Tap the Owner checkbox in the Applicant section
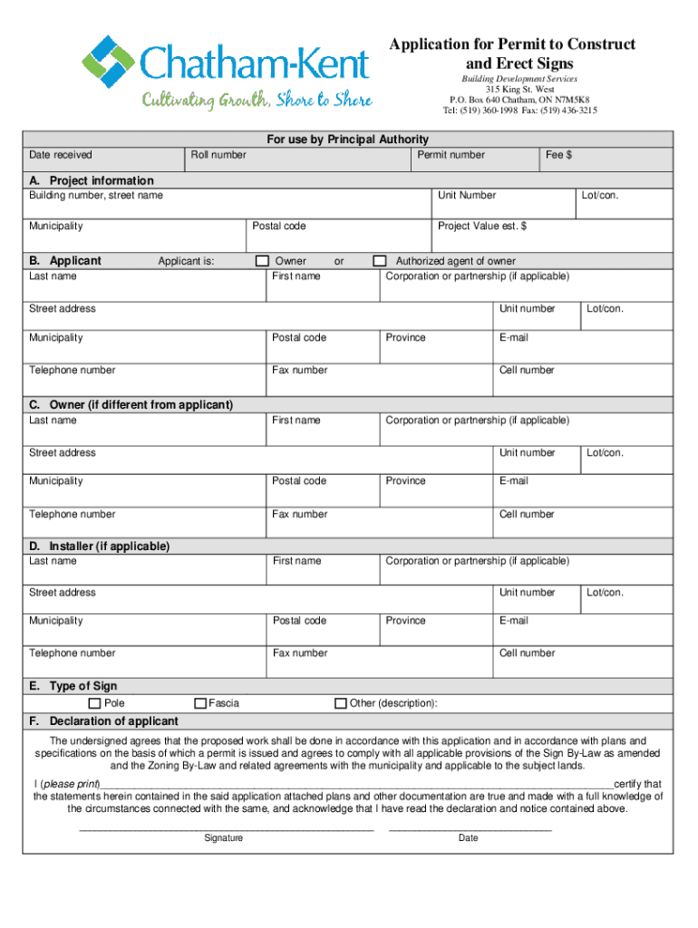(262, 261)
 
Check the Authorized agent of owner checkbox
(381, 261)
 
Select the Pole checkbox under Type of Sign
(94, 703)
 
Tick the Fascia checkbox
(200, 703)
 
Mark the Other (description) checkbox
(341, 703)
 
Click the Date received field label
(61, 155)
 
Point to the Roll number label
(218, 155)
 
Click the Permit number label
(451, 155)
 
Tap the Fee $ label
(558, 155)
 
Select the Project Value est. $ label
(482, 226)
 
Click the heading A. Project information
(92, 180)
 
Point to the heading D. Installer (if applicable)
(100, 546)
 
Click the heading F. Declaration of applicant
(103, 720)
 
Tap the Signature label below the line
(223, 838)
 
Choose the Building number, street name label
(96, 195)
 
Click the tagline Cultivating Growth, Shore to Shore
(257, 100)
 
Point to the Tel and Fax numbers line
(519, 111)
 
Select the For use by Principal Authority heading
(347, 140)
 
